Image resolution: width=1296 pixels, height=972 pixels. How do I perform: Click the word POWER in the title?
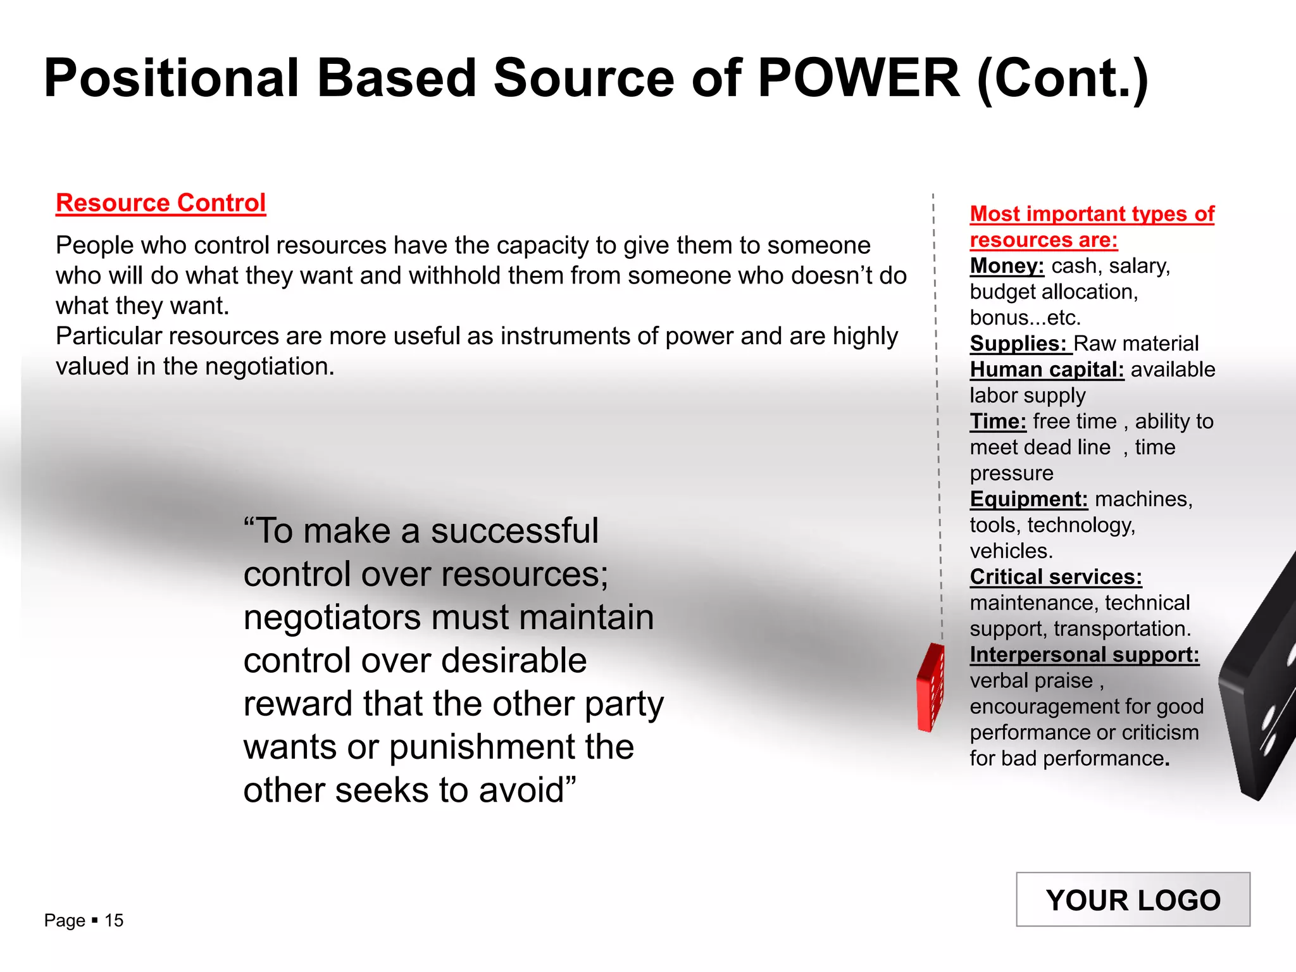point(859,78)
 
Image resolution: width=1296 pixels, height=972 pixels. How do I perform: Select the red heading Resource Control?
point(161,203)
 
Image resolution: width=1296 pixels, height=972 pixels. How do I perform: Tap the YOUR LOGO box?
point(1133,899)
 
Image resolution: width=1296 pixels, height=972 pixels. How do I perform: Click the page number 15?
point(114,920)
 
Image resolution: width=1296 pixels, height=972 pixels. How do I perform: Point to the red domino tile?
point(930,688)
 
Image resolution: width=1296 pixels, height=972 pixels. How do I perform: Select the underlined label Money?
point(1007,266)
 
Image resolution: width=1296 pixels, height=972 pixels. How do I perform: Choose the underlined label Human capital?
point(1047,370)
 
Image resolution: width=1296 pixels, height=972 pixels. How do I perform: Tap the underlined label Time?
point(998,421)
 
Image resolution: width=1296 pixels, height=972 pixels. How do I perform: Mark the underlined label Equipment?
point(1029,499)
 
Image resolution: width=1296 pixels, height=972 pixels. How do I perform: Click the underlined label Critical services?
point(1056,577)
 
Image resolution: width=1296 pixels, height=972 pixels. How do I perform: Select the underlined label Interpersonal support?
point(1084,655)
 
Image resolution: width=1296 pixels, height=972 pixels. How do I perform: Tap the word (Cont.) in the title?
point(1062,78)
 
